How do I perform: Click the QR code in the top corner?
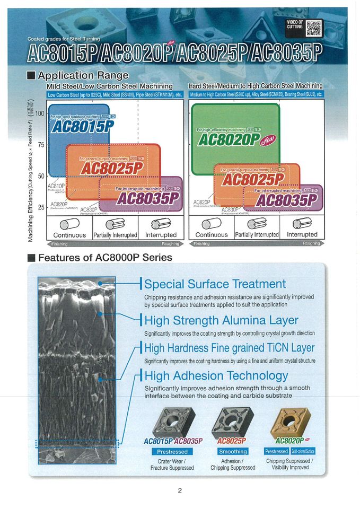(x=314, y=27)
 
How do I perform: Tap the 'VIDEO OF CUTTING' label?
(x=295, y=24)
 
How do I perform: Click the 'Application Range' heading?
(x=83, y=75)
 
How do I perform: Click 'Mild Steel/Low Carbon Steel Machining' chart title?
(x=110, y=86)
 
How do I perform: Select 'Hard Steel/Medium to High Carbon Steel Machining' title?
(x=256, y=86)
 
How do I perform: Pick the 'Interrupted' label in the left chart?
(x=160, y=234)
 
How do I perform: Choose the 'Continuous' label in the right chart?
(x=212, y=234)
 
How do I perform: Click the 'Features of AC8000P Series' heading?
(x=105, y=258)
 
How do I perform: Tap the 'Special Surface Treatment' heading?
(x=215, y=284)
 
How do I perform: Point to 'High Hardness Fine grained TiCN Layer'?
(x=229, y=348)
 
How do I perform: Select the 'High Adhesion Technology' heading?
(x=216, y=376)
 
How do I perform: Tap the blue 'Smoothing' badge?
(x=233, y=451)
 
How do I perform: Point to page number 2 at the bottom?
(x=180, y=490)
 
